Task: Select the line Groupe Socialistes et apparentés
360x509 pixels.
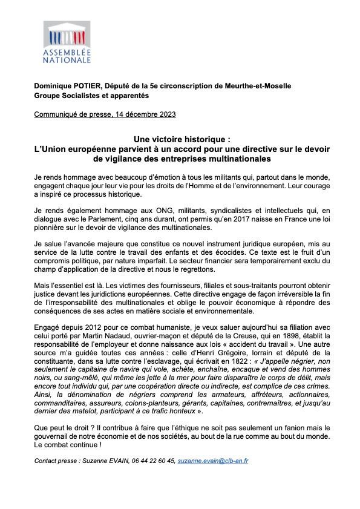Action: tap(91, 96)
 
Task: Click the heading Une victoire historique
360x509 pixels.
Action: tap(180, 139)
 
